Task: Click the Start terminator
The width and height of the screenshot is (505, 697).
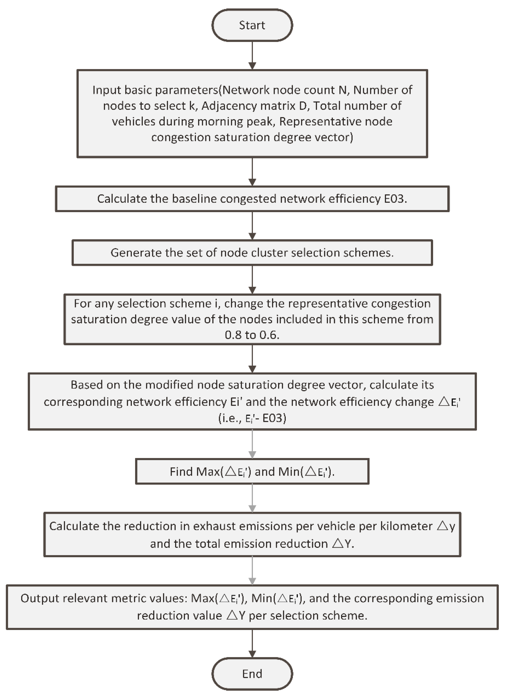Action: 252,25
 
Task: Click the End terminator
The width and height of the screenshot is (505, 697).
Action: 252,674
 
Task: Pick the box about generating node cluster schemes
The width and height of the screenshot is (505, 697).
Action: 252,253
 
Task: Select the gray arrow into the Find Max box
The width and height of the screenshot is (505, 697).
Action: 252,444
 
